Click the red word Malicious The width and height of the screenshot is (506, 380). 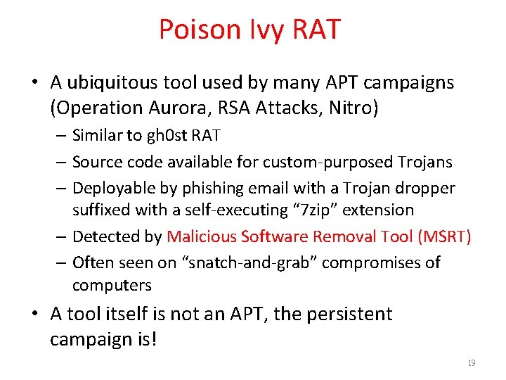(x=202, y=236)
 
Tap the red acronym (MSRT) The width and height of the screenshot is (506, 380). (x=444, y=236)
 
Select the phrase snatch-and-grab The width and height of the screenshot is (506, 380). (x=258, y=262)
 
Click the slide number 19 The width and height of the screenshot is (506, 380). (x=471, y=363)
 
